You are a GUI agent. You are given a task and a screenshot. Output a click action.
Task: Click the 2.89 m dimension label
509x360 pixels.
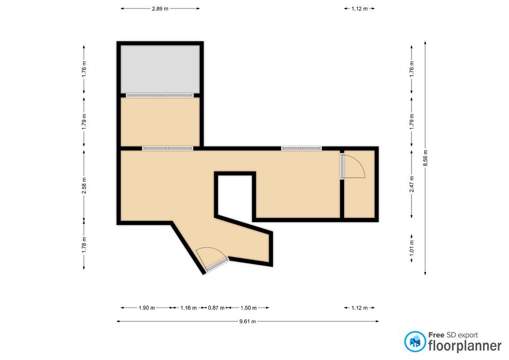tap(160, 9)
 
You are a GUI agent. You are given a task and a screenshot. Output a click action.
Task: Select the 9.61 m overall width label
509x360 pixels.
tap(248, 322)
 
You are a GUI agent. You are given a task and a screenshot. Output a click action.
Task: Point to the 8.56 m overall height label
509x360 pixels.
tap(426, 158)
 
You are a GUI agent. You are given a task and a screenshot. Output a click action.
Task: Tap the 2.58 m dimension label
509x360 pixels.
tap(84, 186)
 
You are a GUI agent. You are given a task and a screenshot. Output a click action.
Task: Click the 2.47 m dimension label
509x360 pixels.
tap(411, 184)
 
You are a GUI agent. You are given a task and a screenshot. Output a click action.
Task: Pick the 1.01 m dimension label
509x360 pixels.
tap(411, 247)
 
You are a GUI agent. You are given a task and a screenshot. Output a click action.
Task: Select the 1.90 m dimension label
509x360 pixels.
tap(147, 308)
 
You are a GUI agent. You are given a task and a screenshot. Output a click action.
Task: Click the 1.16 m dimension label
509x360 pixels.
tap(189, 308)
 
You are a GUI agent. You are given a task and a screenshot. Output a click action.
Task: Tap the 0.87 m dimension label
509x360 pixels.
tap(216, 308)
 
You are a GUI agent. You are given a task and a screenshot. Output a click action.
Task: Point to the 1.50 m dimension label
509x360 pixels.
tap(248, 308)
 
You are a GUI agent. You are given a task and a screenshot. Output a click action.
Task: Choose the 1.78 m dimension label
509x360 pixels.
tap(84, 245)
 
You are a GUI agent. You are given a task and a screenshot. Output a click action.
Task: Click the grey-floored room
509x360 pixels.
tap(160, 69)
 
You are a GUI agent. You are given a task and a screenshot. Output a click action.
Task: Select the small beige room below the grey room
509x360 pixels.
tap(160, 122)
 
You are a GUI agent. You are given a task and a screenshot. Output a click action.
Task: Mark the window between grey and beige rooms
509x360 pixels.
tap(160, 95)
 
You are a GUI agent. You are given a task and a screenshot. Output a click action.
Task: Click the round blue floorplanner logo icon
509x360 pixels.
tap(415, 341)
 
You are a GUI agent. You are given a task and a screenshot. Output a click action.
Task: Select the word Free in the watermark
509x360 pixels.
tap(436, 335)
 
